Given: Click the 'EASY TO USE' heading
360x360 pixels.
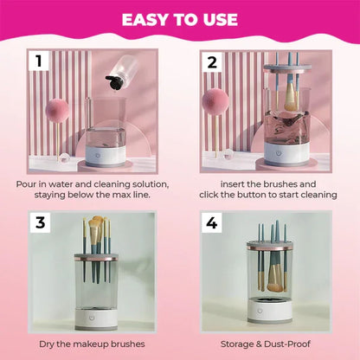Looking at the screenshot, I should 179,19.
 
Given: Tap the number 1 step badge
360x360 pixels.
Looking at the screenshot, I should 37,61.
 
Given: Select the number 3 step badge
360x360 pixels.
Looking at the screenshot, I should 37,222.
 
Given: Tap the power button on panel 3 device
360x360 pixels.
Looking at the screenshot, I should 100,308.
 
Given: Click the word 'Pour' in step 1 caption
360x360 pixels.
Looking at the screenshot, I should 28,183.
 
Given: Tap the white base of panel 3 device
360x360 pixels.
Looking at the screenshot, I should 101,312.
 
